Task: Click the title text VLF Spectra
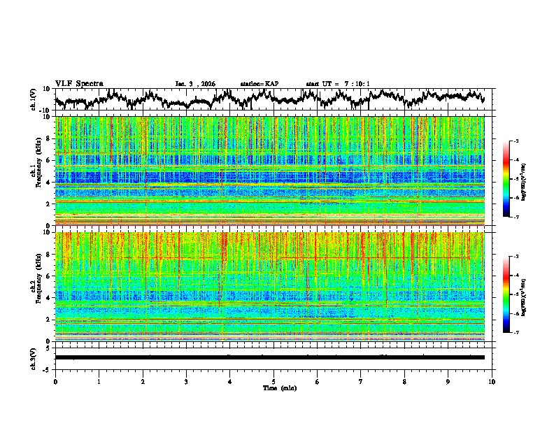coord(79,83)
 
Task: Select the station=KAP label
coord(259,84)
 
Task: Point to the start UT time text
coord(338,84)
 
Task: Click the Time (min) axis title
coord(274,387)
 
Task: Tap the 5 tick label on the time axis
coord(274,381)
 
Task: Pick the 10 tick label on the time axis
coord(492,381)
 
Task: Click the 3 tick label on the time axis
coord(186,381)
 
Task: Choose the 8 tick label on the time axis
coord(404,381)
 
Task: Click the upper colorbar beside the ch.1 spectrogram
coord(506,179)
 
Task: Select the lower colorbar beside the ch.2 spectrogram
coord(506,294)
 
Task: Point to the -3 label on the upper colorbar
coord(515,141)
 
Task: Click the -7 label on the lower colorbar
coord(515,333)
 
